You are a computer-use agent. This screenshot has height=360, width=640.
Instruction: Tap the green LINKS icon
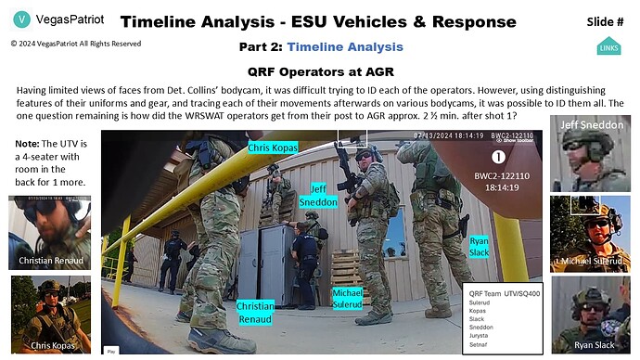pos(608,45)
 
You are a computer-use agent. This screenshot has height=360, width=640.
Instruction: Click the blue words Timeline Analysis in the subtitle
pos(345,46)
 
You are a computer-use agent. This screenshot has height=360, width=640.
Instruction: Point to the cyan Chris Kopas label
pos(273,147)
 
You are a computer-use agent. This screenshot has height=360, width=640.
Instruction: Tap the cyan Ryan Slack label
pos(479,246)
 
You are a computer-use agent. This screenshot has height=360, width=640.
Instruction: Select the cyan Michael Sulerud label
pos(353,299)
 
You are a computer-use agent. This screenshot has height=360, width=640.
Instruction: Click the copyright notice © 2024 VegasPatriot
pos(76,43)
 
